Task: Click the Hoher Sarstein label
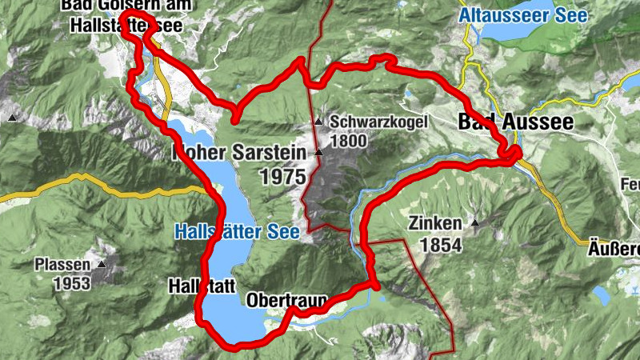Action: (239, 152)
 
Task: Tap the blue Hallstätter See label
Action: (236, 232)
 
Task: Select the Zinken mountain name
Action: (434, 223)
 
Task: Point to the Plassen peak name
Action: (63, 264)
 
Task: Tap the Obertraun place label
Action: (287, 302)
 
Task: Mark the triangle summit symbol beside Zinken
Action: (475, 223)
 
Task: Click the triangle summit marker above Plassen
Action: (102, 263)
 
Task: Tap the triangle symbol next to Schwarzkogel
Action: (318, 122)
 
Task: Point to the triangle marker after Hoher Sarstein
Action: (318, 151)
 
